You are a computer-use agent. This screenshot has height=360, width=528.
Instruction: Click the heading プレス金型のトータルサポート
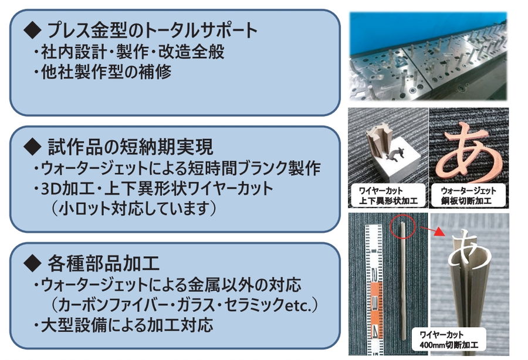click(152, 30)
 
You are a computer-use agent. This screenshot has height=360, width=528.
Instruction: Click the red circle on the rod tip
click(404, 226)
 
